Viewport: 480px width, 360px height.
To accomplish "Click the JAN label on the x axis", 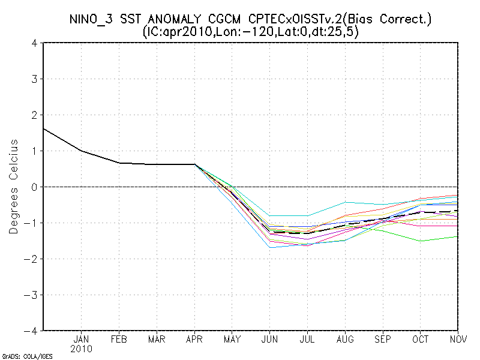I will tap(81, 339).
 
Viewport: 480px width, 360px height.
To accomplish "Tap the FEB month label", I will tap(119, 339).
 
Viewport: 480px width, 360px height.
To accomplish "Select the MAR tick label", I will tap(157, 339).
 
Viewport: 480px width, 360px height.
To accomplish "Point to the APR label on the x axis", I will tap(194, 339).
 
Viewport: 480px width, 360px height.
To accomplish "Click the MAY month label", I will tap(232, 339).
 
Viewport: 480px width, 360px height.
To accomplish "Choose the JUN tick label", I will tap(270, 339).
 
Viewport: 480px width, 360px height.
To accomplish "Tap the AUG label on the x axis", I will tap(346, 339).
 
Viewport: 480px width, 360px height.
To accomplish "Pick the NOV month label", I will tap(458, 339).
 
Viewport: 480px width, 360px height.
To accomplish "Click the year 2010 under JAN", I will tap(81, 349).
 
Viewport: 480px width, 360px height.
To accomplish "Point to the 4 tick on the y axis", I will tap(35, 43).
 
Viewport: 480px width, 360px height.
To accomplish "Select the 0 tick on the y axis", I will tap(35, 187).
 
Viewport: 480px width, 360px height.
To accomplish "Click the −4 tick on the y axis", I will tap(33, 331).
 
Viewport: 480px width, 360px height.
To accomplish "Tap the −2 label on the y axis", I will tap(33, 259).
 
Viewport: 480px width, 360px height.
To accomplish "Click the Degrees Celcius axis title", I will tap(14, 187).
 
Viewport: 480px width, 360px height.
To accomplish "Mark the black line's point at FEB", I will tap(119, 163).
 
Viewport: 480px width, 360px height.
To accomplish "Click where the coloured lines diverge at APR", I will tap(194, 164).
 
